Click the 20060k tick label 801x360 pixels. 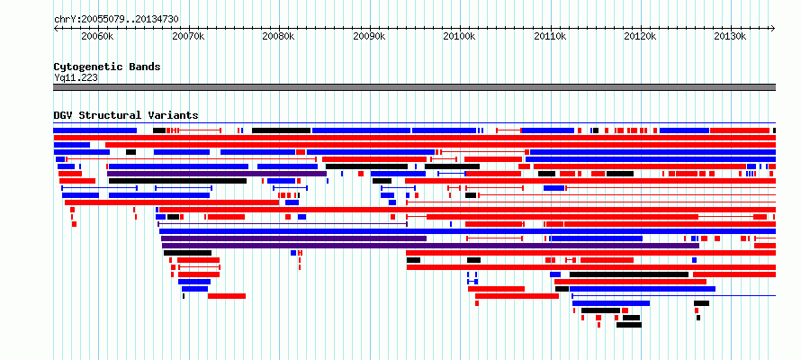97,36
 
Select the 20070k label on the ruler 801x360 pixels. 189,36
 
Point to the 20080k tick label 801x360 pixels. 279,36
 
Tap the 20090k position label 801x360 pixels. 369,36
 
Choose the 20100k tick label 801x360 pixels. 460,36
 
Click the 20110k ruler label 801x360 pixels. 550,36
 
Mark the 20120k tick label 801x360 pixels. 641,36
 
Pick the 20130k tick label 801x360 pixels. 731,36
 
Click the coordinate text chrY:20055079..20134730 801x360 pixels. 116,20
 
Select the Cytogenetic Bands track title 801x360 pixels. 107,67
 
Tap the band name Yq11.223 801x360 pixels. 76,77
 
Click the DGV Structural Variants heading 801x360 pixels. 126,115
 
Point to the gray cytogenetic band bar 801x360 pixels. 414,87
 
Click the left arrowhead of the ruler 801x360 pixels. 55,29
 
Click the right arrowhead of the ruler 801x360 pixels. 773,29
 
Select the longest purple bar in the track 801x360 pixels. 430,246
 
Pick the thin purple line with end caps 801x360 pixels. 283,224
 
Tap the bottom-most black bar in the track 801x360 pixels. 629,325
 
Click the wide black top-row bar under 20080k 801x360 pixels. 281,130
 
